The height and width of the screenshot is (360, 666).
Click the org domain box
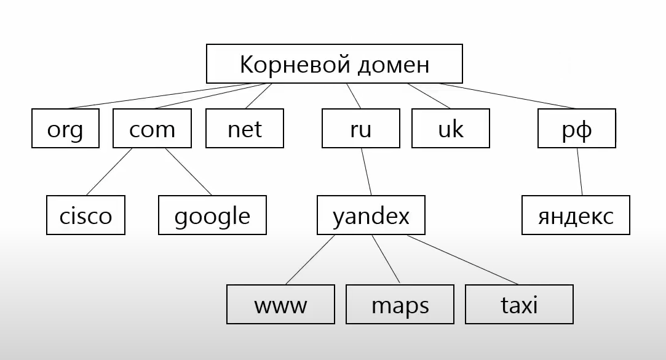coord(65,129)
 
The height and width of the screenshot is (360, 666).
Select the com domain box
coord(152,129)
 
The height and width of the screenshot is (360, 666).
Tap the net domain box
coord(245,129)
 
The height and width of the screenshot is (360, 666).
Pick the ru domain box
coord(360,129)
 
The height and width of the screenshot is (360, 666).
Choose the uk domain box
coord(451,129)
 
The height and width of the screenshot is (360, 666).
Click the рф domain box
coord(576,129)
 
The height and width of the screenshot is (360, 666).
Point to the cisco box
coord(86,215)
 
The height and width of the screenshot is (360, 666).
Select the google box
coord(212,215)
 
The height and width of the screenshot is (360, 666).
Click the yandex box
coord(371,215)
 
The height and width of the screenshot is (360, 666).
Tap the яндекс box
coord(576,215)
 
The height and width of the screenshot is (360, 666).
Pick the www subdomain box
coord(280,304)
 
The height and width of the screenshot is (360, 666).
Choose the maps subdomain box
coord(400,304)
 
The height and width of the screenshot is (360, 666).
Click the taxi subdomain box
coord(519,304)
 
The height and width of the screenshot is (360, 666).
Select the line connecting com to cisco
coord(109,172)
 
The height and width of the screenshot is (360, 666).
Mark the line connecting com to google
coord(188,172)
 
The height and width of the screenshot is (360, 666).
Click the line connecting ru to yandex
coord(365,172)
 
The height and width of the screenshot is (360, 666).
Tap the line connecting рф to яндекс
coord(580,172)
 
